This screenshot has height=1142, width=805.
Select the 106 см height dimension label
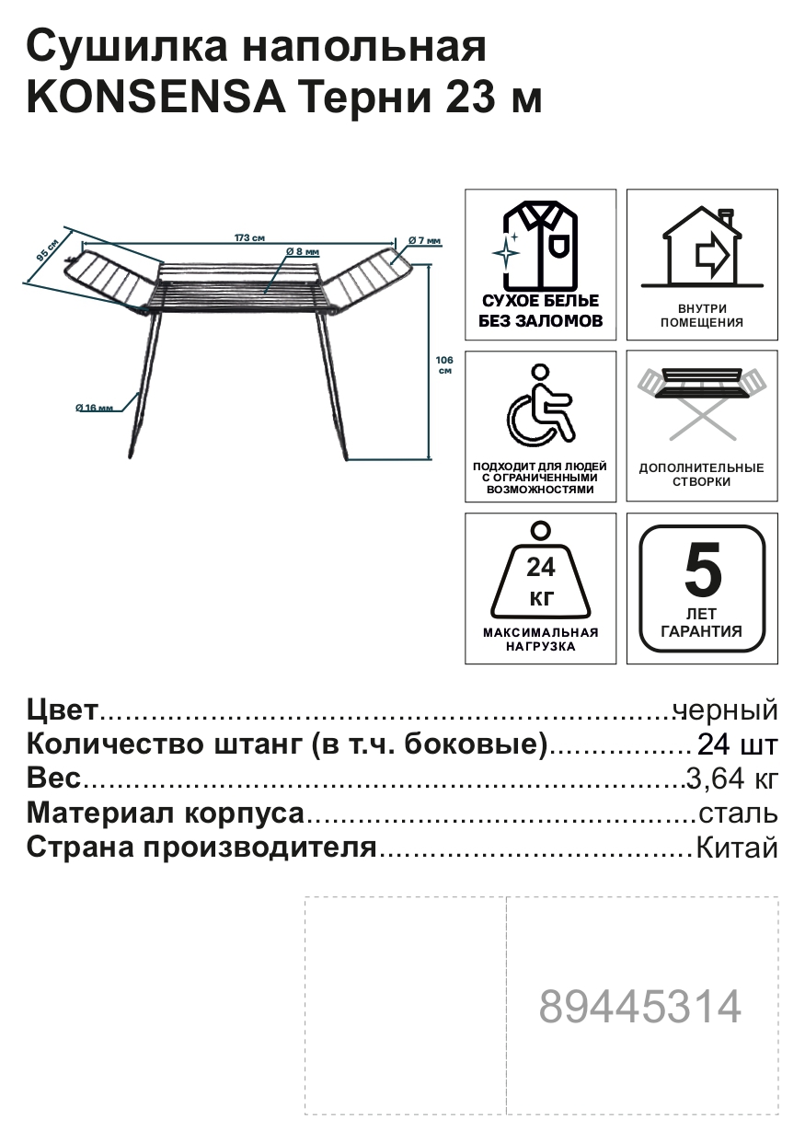tap(445, 364)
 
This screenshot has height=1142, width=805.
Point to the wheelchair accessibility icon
tap(540, 403)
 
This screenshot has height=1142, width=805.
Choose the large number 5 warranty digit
tap(703, 570)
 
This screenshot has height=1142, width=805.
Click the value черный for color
tap(726, 710)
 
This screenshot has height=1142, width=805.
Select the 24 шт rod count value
tap(738, 744)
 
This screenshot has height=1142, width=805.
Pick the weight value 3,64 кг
tap(732, 779)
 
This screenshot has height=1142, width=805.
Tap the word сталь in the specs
tap(738, 813)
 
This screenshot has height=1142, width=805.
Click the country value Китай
tap(736, 848)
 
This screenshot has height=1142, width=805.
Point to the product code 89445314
tap(640, 1008)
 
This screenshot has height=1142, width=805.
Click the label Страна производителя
tap(202, 848)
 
